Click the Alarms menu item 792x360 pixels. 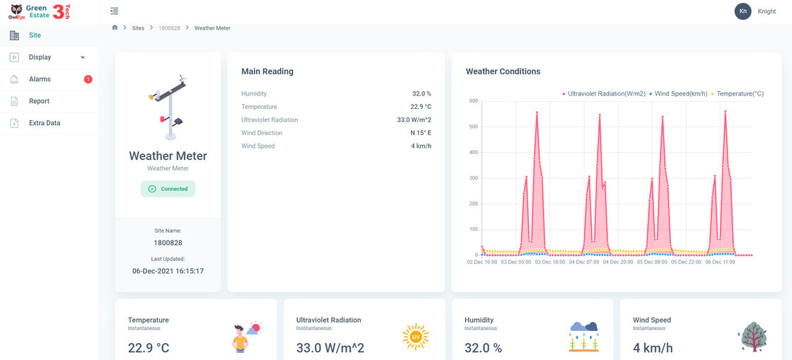point(40,79)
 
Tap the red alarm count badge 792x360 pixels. point(88,79)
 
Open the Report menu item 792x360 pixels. point(39,101)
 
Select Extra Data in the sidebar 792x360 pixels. point(45,123)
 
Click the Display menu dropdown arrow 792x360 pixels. point(83,57)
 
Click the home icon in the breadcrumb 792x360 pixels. point(115,28)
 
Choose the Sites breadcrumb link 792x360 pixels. point(138,28)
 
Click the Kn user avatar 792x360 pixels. point(742,11)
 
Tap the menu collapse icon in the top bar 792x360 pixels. point(115,11)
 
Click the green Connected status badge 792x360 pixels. point(168,189)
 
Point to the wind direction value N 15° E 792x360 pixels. point(421,133)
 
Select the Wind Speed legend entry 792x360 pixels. point(678,93)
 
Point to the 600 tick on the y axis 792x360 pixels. point(473,100)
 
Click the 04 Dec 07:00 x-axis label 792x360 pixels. point(584,262)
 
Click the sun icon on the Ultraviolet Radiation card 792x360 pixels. point(416,336)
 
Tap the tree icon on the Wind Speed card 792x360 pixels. point(752,336)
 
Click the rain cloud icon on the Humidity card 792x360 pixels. point(583,336)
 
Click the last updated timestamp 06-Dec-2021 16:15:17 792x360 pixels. point(168,271)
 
